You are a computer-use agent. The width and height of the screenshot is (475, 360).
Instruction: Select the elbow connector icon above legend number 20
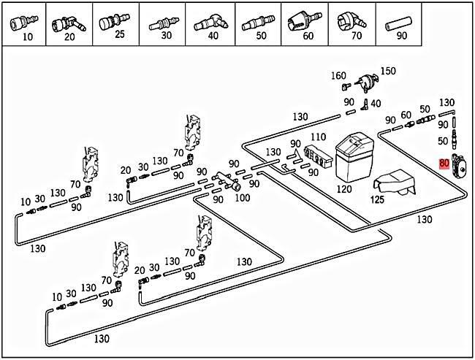click(68, 20)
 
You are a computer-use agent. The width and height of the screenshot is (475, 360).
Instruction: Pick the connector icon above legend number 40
click(210, 20)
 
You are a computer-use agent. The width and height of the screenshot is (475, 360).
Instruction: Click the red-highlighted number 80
click(444, 164)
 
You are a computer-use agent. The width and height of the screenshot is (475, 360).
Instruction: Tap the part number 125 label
click(377, 198)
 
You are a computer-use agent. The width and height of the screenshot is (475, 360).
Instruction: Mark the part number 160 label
click(338, 75)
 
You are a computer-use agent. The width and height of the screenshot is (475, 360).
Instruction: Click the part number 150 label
click(388, 71)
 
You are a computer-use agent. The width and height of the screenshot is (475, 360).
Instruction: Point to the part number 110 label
click(318, 137)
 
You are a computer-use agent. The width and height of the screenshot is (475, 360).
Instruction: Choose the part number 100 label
click(243, 197)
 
